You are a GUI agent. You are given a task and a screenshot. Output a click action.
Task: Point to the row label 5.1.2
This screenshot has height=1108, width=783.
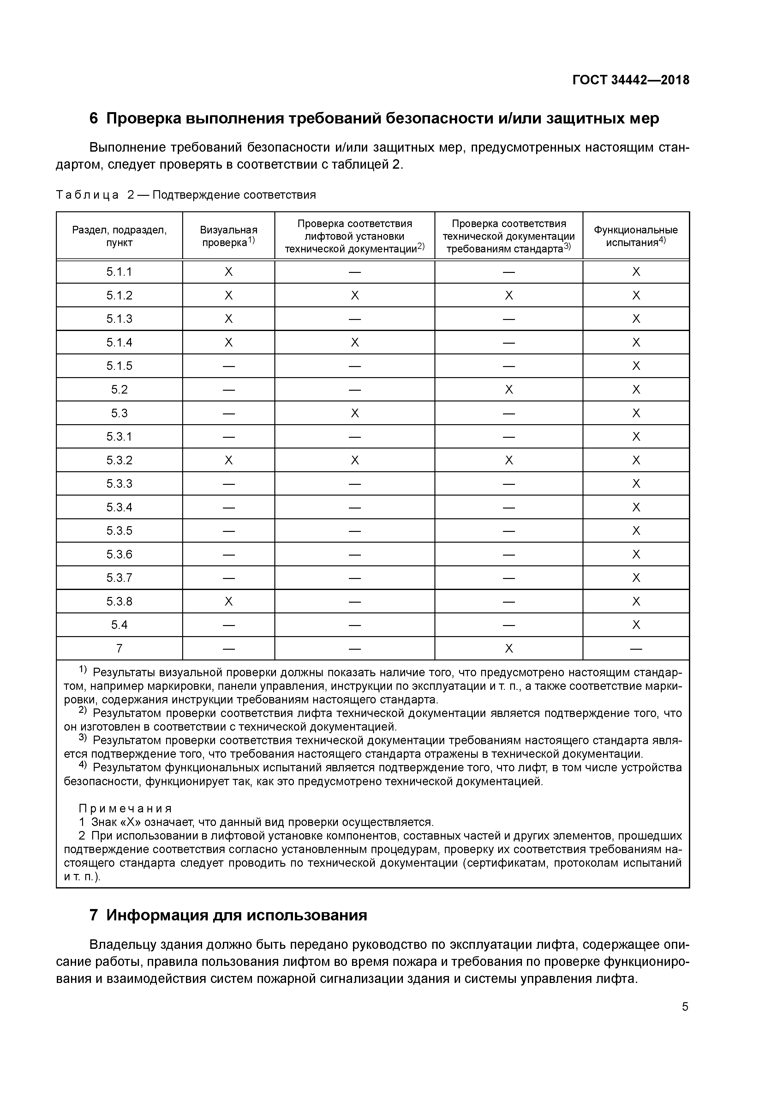[119, 295]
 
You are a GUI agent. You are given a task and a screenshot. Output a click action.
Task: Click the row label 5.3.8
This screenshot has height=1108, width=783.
[119, 601]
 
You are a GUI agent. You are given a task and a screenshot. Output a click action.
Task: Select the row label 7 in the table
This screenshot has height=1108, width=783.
[119, 648]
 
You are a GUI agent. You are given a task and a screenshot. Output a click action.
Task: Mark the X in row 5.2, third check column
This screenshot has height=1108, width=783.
[509, 389]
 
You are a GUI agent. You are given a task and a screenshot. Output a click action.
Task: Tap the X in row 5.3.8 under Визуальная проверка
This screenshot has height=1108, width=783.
[229, 601]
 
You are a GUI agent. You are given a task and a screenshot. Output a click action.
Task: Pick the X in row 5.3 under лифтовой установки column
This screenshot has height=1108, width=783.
[355, 413]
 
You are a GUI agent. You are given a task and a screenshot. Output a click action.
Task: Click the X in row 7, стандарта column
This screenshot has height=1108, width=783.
[509, 648]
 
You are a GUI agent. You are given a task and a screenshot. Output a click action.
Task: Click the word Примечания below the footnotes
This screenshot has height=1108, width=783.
[125, 808]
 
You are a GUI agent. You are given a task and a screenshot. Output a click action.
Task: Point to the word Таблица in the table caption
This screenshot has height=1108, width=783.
[87, 195]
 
